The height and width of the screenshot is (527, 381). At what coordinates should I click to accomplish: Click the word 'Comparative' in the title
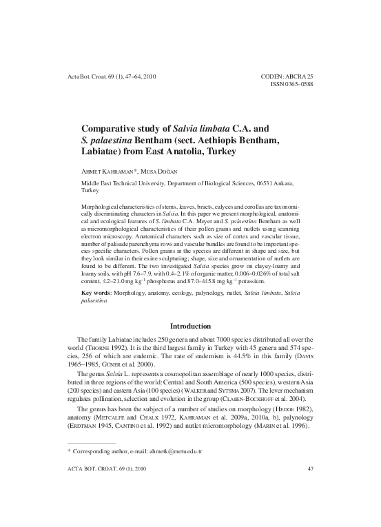pos(110,128)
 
